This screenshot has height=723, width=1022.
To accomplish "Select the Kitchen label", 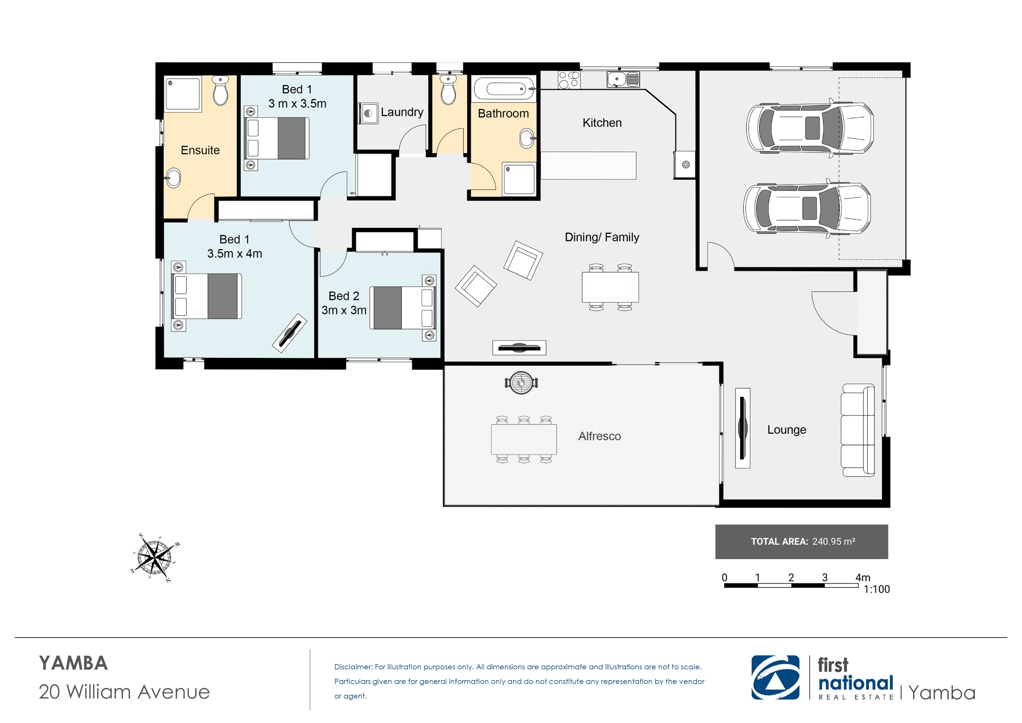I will pyautogui.click(x=602, y=123).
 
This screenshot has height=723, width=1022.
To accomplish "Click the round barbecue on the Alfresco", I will pyautogui.click(x=521, y=383).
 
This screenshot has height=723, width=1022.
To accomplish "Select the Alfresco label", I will pyautogui.click(x=599, y=436).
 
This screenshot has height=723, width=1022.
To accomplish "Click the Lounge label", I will pyautogui.click(x=787, y=430).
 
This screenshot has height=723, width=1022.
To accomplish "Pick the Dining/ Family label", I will pyautogui.click(x=602, y=237).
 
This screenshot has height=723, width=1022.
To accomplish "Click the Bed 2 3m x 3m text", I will pyautogui.click(x=344, y=303).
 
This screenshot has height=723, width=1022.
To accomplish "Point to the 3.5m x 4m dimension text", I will pyautogui.click(x=235, y=254).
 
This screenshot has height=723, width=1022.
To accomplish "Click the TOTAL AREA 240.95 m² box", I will pyautogui.click(x=801, y=542).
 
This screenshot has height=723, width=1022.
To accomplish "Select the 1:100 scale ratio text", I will pyautogui.click(x=876, y=589).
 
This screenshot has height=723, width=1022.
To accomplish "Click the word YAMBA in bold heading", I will pyautogui.click(x=73, y=663).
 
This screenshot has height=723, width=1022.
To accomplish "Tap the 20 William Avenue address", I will pyautogui.click(x=124, y=692).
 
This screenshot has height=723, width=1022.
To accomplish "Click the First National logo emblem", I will pyautogui.click(x=775, y=677).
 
